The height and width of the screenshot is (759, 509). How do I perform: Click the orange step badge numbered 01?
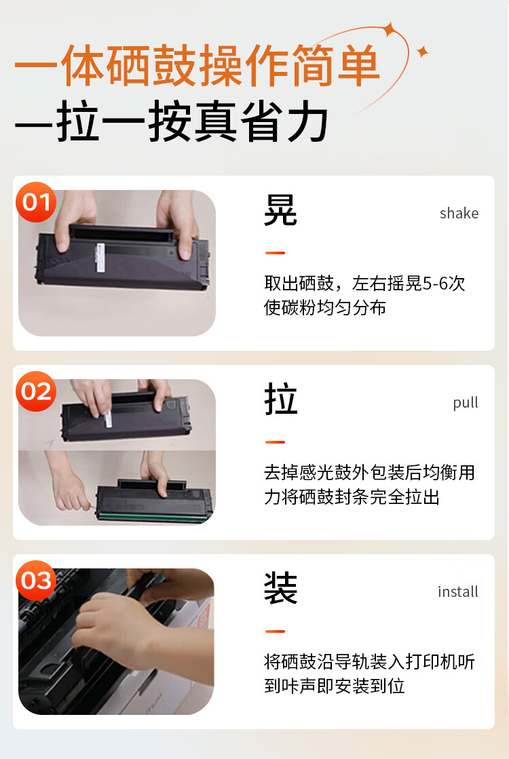tap(37, 202)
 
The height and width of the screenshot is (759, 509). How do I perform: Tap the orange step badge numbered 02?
tap(37, 391)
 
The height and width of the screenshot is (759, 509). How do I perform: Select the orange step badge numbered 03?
tap(37, 581)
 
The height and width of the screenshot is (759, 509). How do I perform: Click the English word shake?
tap(459, 213)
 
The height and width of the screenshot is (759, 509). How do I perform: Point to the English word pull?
tap(466, 402)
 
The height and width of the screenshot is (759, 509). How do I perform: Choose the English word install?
tap(458, 591)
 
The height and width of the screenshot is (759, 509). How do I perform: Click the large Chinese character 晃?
tap(281, 211)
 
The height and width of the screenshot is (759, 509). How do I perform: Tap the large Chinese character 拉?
tap(281, 400)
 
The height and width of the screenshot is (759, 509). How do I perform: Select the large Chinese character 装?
tap(281, 589)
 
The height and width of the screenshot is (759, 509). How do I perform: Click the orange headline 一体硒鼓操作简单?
tap(197, 67)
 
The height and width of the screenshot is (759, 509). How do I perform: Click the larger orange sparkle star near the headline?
tap(390, 29)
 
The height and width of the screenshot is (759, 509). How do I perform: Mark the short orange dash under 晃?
tap(275, 253)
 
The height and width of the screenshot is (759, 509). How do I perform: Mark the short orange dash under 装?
tap(275, 631)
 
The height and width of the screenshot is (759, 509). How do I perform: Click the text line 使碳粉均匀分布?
tap(325, 307)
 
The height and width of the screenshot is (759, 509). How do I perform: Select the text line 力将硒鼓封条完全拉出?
tap(352, 497)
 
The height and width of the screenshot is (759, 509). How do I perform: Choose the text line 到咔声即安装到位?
tap(334, 686)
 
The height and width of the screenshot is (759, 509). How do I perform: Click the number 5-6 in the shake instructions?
tap(435, 284)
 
